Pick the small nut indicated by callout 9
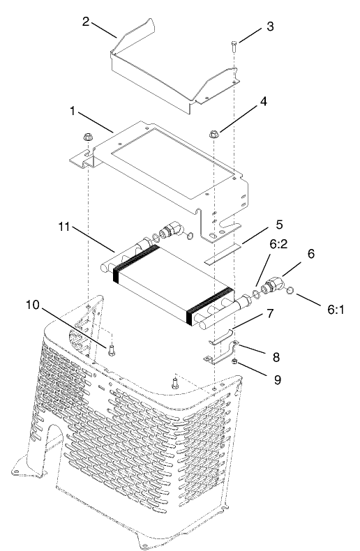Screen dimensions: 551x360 pyautogui.click(x=236, y=361)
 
